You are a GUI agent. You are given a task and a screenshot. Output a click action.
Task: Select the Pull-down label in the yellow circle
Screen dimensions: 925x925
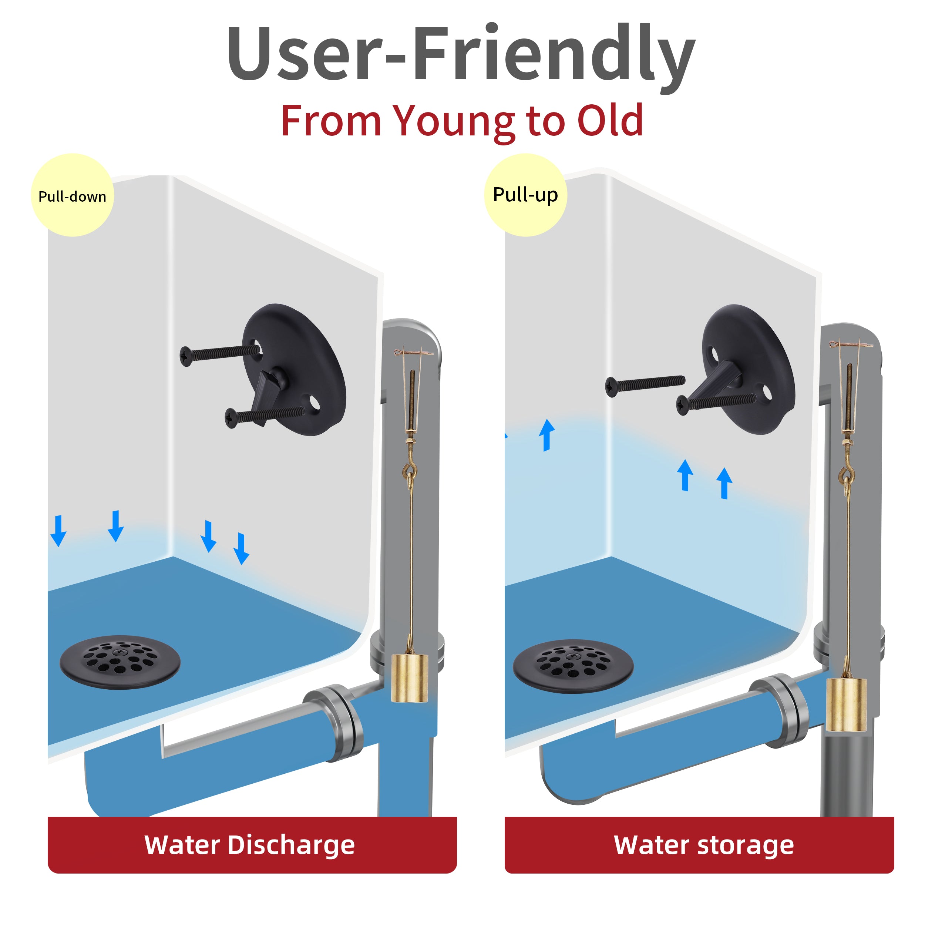tap(72, 197)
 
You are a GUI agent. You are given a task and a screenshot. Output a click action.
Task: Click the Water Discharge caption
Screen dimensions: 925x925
tap(249, 845)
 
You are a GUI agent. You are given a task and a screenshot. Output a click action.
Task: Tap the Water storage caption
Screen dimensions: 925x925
tap(704, 845)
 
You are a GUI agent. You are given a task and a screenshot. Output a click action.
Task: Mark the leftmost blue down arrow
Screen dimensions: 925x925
tap(58, 531)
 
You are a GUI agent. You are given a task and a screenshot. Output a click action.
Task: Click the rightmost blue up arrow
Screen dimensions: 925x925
tap(724, 484)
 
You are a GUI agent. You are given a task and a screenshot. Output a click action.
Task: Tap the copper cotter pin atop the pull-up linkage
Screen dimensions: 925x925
tap(851, 344)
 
